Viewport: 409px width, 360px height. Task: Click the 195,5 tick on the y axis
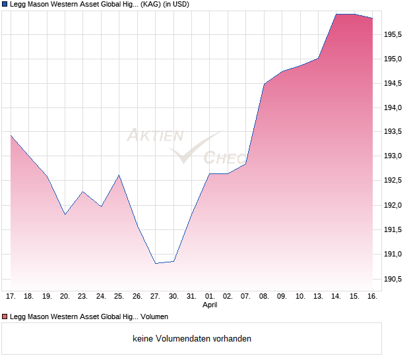pyautogui.click(x=394, y=35)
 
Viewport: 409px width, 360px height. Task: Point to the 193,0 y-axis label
pyautogui.click(x=394, y=156)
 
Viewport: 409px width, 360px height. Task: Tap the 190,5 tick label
pyautogui.click(x=394, y=279)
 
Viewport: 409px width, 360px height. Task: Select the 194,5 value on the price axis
pyautogui.click(x=394, y=83)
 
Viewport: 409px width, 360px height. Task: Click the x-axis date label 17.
pyautogui.click(x=11, y=297)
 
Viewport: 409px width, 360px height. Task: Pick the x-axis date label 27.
pyautogui.click(x=155, y=297)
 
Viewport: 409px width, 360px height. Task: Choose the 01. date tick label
pyautogui.click(x=210, y=297)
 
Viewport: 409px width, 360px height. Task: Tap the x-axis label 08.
pyautogui.click(x=264, y=297)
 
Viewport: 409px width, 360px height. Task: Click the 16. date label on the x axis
pyautogui.click(x=372, y=297)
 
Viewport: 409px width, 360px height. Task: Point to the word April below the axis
pyautogui.click(x=210, y=305)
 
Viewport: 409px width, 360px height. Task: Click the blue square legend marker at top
pyautogui.click(x=4, y=4)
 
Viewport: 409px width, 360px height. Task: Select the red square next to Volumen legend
pyautogui.click(x=4, y=316)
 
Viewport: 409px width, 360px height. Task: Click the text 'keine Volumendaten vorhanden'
pyautogui.click(x=192, y=339)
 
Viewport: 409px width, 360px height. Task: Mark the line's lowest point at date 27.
pyautogui.click(x=156, y=263)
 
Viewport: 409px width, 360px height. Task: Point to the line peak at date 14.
pyautogui.click(x=336, y=14)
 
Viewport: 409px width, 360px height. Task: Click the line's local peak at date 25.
pyautogui.click(x=119, y=175)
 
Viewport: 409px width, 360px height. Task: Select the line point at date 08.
pyautogui.click(x=264, y=84)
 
